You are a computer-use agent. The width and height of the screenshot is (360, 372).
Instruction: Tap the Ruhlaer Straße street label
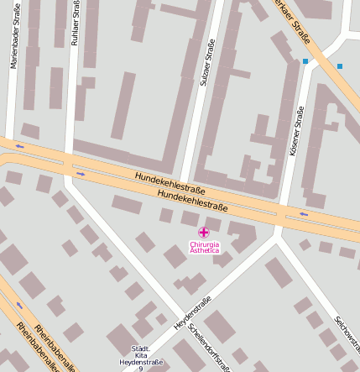[75, 23]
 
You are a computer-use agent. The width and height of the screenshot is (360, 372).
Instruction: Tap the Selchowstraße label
[347, 336]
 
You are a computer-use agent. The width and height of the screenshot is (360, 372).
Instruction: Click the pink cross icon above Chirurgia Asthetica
[204, 232]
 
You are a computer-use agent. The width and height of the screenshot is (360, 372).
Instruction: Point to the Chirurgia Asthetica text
[204, 247]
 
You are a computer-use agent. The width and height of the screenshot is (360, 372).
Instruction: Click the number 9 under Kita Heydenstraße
[140, 369]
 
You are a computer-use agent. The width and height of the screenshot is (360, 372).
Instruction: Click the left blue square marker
[305, 61]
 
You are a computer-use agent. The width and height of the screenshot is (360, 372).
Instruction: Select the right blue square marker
[340, 65]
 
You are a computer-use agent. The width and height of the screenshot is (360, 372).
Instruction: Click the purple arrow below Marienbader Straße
[18, 146]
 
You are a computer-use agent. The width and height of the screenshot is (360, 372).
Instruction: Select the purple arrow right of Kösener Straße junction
[304, 214]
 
